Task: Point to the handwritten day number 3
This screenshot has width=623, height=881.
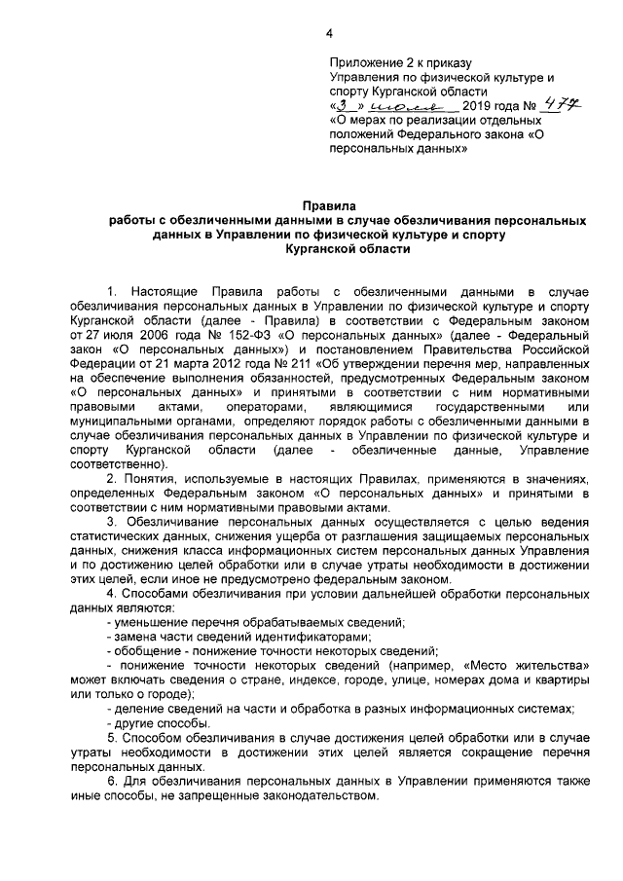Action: click(x=344, y=105)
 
